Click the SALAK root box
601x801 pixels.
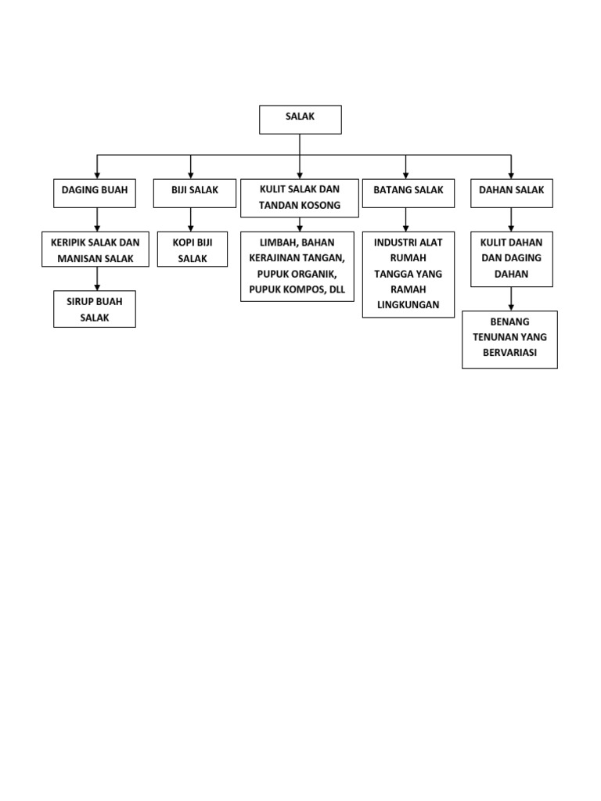pos(300,120)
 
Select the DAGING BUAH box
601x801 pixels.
pos(95,193)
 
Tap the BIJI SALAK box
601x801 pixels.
pos(195,193)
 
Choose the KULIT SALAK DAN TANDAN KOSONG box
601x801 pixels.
pos(300,198)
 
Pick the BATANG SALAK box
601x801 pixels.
pos(408,193)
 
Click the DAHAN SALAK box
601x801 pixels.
pos(512,193)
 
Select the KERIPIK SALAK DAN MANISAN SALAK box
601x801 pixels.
pos(95,250)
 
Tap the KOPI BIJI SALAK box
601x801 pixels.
pos(193,250)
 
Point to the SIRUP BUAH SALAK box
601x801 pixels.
pos(95,309)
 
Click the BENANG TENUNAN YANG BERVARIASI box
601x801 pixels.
pos(509,339)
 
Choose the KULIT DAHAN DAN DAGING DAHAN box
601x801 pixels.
pos(512,259)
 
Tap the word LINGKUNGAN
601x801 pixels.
pos(408,305)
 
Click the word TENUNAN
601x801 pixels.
pos(493,337)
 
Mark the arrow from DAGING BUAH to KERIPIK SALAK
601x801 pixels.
pos(97,220)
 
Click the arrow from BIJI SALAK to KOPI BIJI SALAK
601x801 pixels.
pos(191,220)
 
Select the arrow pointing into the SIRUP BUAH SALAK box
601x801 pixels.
pos(97,278)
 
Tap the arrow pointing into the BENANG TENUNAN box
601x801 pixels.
pos(511,298)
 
